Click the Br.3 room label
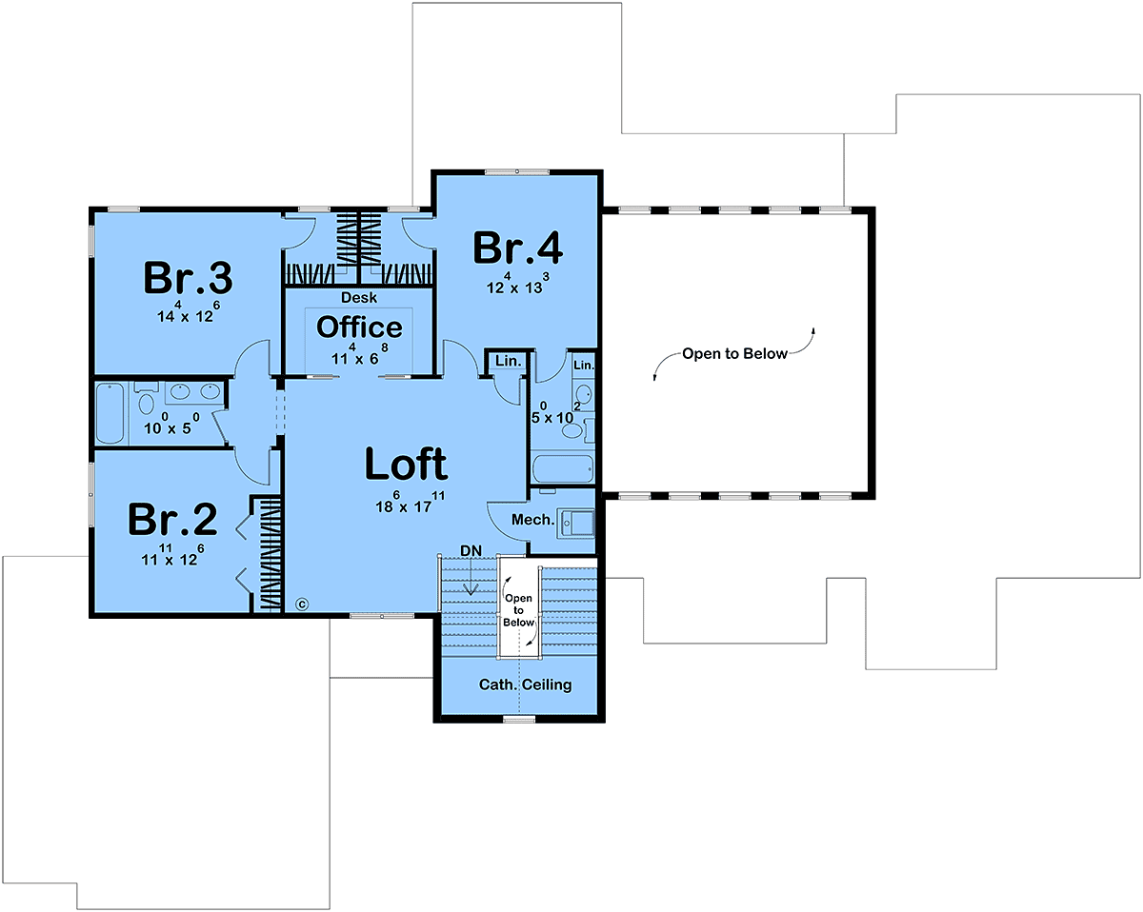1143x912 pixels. pyautogui.click(x=188, y=277)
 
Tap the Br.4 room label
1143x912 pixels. pyautogui.click(x=517, y=248)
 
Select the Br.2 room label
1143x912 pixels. pyautogui.click(x=172, y=519)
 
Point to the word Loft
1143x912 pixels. pyautogui.click(x=407, y=464)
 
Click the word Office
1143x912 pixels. pyautogui.click(x=359, y=327)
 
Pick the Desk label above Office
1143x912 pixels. pyautogui.click(x=359, y=297)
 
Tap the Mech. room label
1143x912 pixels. pyautogui.click(x=532, y=519)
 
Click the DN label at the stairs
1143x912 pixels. pyautogui.click(x=471, y=551)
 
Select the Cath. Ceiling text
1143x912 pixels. pyautogui.click(x=525, y=684)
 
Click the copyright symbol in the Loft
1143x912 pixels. pyautogui.click(x=302, y=605)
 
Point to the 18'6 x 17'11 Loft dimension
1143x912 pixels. pyautogui.click(x=410, y=503)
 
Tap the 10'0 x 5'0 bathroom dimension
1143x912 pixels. pyautogui.click(x=171, y=424)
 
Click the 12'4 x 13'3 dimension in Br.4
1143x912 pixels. pyautogui.click(x=518, y=283)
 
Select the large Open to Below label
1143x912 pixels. pyautogui.click(x=734, y=353)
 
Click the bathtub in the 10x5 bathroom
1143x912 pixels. pyautogui.click(x=110, y=413)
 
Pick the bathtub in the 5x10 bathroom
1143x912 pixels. pyautogui.click(x=563, y=469)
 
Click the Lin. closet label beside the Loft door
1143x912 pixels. pyautogui.click(x=509, y=361)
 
